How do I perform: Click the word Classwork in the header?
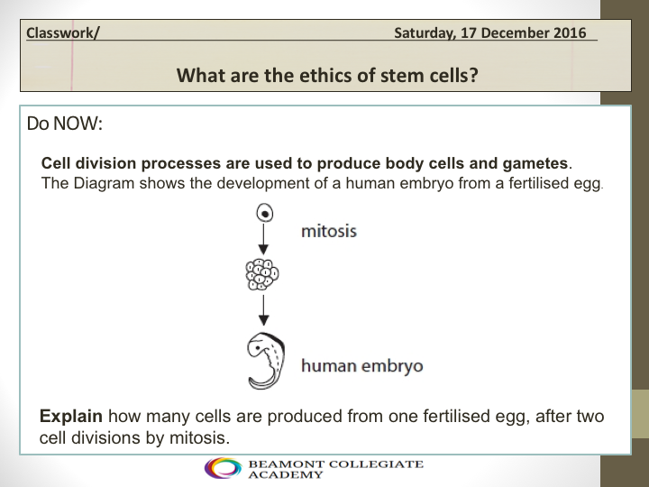coord(60,32)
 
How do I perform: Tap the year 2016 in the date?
coord(570,32)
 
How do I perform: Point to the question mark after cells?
coord(473,76)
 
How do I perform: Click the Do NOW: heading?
coord(65,124)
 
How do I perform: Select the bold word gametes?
coord(535,163)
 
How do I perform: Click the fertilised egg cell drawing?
coord(265,214)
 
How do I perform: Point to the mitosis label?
coord(329,231)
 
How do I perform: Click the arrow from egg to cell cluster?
coord(263,239)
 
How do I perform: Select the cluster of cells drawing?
coord(262,274)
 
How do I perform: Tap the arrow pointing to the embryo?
coord(263,309)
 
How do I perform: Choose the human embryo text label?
coord(362,365)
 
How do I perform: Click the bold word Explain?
coord(71,416)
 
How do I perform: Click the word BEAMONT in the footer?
coord(285,464)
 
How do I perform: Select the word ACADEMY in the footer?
coord(285,474)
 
